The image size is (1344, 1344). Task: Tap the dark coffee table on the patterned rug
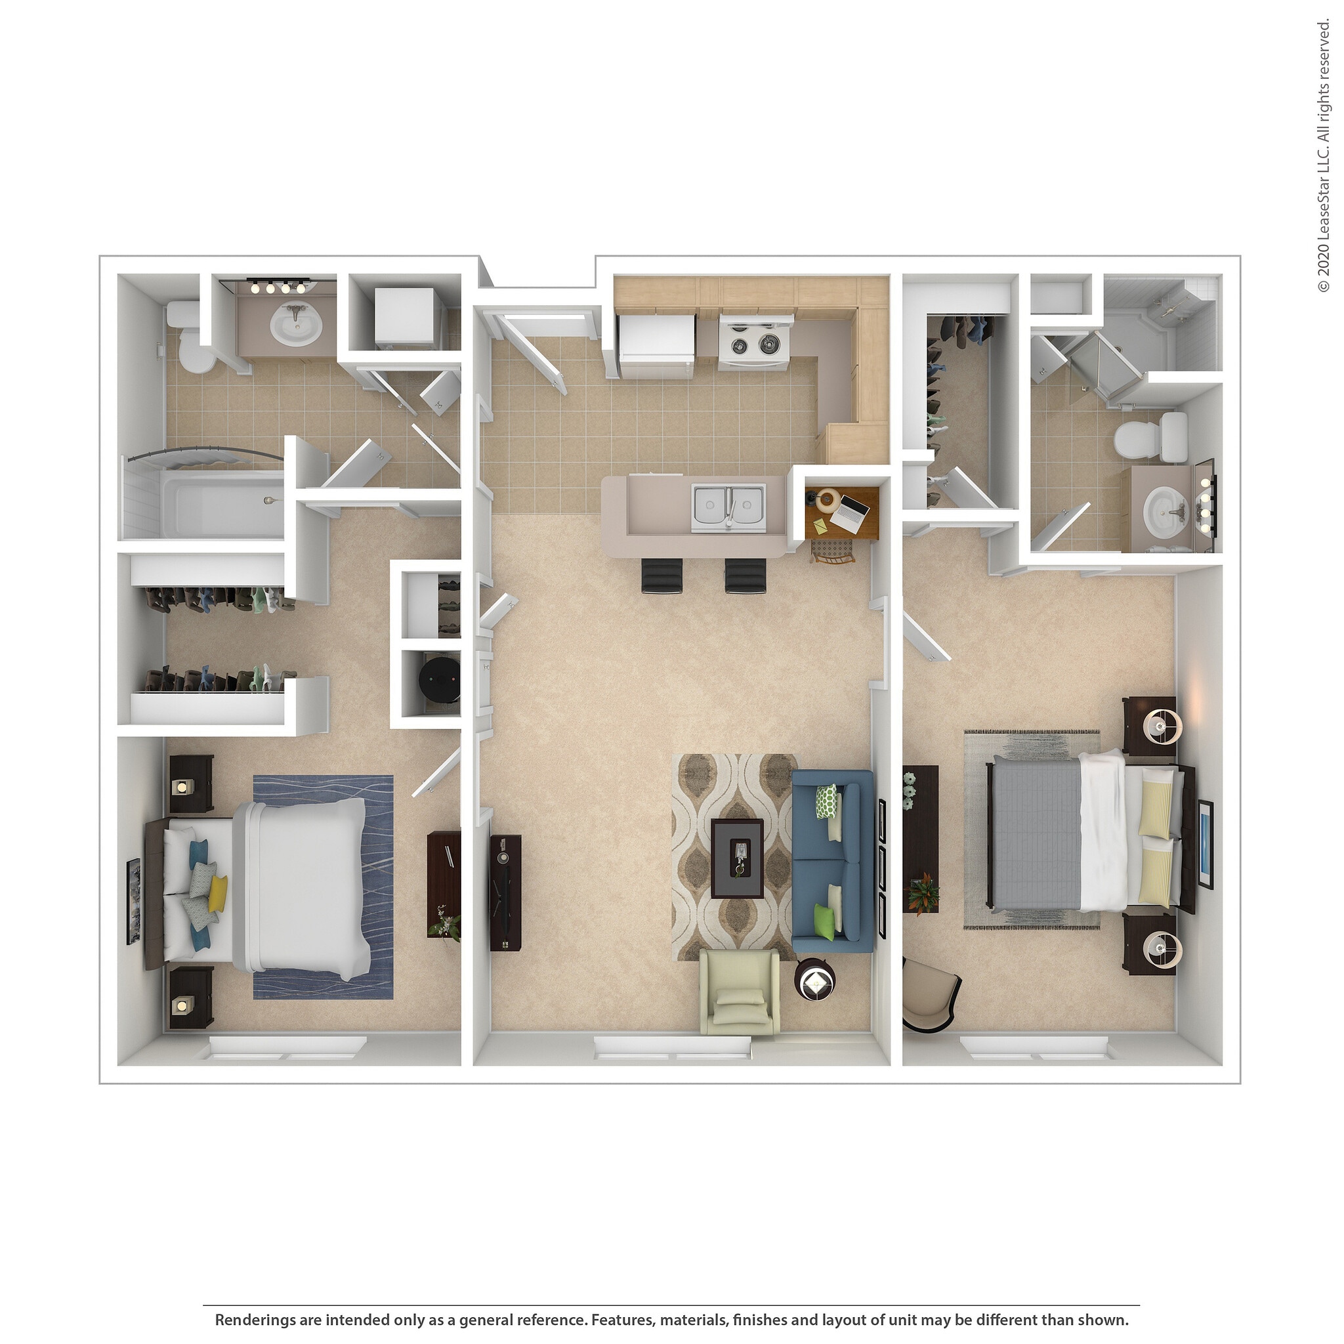(737, 858)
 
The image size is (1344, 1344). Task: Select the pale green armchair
(738, 992)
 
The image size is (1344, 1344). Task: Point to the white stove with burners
(754, 343)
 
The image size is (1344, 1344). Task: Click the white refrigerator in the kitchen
(657, 346)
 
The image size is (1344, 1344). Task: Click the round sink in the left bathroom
(297, 324)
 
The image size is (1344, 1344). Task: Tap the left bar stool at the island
(661, 577)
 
